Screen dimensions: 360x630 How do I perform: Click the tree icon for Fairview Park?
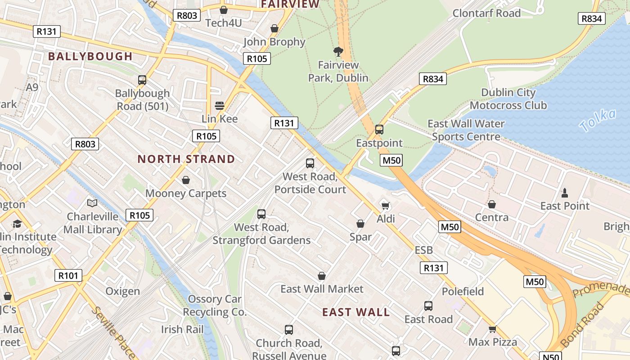(338, 52)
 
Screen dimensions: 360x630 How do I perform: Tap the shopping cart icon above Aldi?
(385, 206)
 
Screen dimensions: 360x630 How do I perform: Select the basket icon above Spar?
(360, 224)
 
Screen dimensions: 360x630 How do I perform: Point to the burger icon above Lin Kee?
(220, 106)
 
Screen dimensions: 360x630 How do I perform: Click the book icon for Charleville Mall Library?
(92, 203)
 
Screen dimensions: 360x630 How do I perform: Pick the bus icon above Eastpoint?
(379, 130)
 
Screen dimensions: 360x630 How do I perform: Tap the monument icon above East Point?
(565, 193)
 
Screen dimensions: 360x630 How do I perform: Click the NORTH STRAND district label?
(186, 159)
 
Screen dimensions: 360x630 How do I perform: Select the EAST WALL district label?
(356, 312)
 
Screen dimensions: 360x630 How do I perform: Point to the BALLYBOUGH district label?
(90, 57)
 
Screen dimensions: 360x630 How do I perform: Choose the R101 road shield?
(68, 275)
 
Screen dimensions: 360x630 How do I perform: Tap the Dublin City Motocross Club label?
(508, 99)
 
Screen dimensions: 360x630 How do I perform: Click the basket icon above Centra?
(492, 205)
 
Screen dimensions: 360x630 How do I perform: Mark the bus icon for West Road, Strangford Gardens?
(261, 214)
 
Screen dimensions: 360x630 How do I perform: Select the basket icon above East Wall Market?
(322, 276)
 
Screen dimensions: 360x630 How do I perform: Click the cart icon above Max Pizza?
(493, 329)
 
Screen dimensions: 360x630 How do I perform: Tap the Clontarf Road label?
(486, 13)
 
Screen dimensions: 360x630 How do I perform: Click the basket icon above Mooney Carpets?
(185, 180)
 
